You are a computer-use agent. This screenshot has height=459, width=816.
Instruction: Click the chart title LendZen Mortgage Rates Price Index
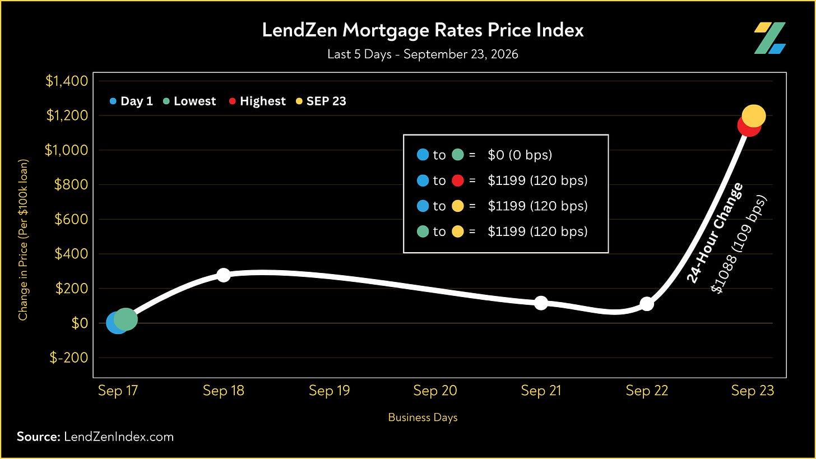click(x=423, y=30)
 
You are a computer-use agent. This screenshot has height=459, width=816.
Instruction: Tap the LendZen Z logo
click(x=769, y=38)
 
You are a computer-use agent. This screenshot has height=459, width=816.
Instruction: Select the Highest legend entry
click(x=257, y=101)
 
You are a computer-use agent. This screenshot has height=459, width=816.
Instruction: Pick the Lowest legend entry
click(x=189, y=101)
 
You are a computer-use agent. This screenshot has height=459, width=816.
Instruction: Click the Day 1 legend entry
click(x=131, y=101)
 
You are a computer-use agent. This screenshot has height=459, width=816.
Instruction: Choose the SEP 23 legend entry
click(x=321, y=101)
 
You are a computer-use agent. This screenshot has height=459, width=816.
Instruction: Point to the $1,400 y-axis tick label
click(x=67, y=81)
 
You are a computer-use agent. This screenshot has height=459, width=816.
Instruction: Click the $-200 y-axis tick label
click(x=69, y=358)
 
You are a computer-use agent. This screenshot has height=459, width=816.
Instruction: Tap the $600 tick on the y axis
click(x=71, y=219)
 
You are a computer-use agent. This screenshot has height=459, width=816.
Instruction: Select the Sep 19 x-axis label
click(x=330, y=391)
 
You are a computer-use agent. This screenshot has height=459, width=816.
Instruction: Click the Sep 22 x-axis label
click(x=647, y=391)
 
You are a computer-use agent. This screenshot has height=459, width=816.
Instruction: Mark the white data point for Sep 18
click(x=224, y=275)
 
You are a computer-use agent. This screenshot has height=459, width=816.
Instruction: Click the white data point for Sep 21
click(x=541, y=303)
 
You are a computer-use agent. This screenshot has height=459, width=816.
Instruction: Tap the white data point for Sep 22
click(x=647, y=304)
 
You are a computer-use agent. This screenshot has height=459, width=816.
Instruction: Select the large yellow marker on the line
click(x=754, y=116)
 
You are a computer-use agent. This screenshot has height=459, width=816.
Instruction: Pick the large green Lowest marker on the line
click(x=126, y=319)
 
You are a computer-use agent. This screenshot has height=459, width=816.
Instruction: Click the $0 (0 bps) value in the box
click(x=520, y=155)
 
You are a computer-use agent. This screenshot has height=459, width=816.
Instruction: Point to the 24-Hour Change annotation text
click(x=715, y=233)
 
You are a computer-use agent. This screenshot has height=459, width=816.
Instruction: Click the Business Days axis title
click(x=423, y=418)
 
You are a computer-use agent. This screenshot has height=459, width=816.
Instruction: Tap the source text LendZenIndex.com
click(x=119, y=437)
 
